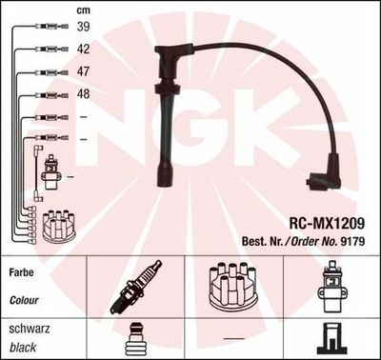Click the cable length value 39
tap(83, 28)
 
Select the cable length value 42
tap(83, 50)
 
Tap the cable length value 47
tap(83, 72)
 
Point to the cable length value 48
tap(83, 94)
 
